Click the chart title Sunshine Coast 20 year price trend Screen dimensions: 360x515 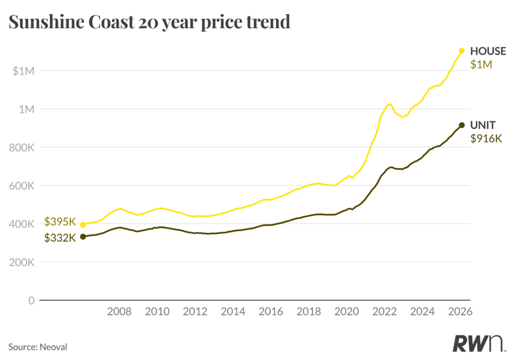(149, 22)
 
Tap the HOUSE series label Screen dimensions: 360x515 (488, 51)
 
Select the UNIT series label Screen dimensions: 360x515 (483, 125)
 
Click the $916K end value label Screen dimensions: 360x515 (487, 139)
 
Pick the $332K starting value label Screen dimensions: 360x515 (60, 237)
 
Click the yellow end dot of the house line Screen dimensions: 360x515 (462, 50)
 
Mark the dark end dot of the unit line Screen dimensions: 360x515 (462, 125)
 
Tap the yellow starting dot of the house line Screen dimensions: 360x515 (83, 225)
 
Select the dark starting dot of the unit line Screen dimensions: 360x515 (83, 236)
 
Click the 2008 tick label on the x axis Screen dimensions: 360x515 (120, 311)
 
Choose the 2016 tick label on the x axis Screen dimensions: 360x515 (271, 311)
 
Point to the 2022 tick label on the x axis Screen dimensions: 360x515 (385, 311)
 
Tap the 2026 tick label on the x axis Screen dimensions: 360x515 (461, 311)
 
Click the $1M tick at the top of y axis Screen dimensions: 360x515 (23, 71)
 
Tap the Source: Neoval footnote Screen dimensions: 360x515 (37, 347)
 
